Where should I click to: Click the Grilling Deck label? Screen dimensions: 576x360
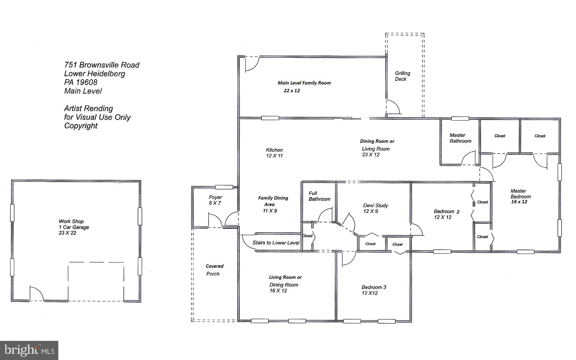[403, 76]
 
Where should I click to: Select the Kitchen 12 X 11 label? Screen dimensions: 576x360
[274, 153]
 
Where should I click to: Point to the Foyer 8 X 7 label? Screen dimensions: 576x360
[215, 200]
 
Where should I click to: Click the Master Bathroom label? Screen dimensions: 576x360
[460, 138]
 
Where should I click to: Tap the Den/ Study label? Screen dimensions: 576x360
[375, 205]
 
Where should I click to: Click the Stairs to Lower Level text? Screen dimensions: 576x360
[276, 243]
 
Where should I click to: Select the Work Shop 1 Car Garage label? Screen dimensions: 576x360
[74, 227]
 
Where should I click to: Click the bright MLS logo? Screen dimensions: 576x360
[29, 350]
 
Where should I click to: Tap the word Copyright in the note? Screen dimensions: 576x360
[81, 126]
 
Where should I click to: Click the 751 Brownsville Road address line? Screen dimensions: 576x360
[102, 65]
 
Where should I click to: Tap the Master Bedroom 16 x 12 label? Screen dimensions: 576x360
[520, 196]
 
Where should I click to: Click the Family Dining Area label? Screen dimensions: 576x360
[273, 204]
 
